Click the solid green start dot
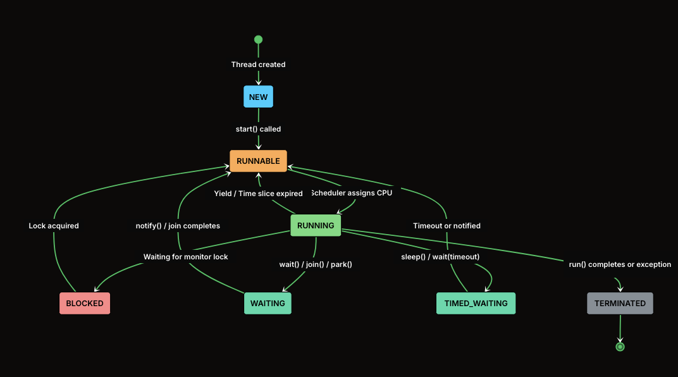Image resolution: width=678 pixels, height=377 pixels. [x=258, y=39]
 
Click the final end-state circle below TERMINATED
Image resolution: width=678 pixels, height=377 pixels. [x=620, y=347]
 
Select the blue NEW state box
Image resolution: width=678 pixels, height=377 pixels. [x=258, y=97]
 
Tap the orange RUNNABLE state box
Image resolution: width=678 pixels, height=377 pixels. [x=258, y=161]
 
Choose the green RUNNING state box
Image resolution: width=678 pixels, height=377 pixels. [x=316, y=225]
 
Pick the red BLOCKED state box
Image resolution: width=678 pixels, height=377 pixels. [x=85, y=303]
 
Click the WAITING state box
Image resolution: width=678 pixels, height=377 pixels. [x=268, y=303]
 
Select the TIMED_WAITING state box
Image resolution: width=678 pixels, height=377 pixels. [x=476, y=303]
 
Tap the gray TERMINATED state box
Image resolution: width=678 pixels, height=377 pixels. [x=620, y=303]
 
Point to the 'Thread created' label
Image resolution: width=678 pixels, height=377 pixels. [x=258, y=65]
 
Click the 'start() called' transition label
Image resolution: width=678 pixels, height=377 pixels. [x=258, y=129]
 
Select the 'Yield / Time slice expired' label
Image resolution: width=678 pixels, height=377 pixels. [x=258, y=194]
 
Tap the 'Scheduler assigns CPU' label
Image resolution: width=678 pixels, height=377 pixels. [x=352, y=193]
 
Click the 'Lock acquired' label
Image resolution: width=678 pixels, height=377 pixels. [x=54, y=226]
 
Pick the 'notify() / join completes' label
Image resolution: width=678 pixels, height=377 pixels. [x=178, y=226]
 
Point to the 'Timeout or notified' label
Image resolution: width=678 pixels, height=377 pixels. [x=447, y=226]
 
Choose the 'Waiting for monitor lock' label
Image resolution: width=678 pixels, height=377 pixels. [x=185, y=257]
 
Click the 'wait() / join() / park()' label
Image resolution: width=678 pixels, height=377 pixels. [x=316, y=264]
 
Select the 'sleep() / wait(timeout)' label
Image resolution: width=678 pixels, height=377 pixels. [x=440, y=257]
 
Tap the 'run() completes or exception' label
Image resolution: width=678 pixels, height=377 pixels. [x=620, y=264]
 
